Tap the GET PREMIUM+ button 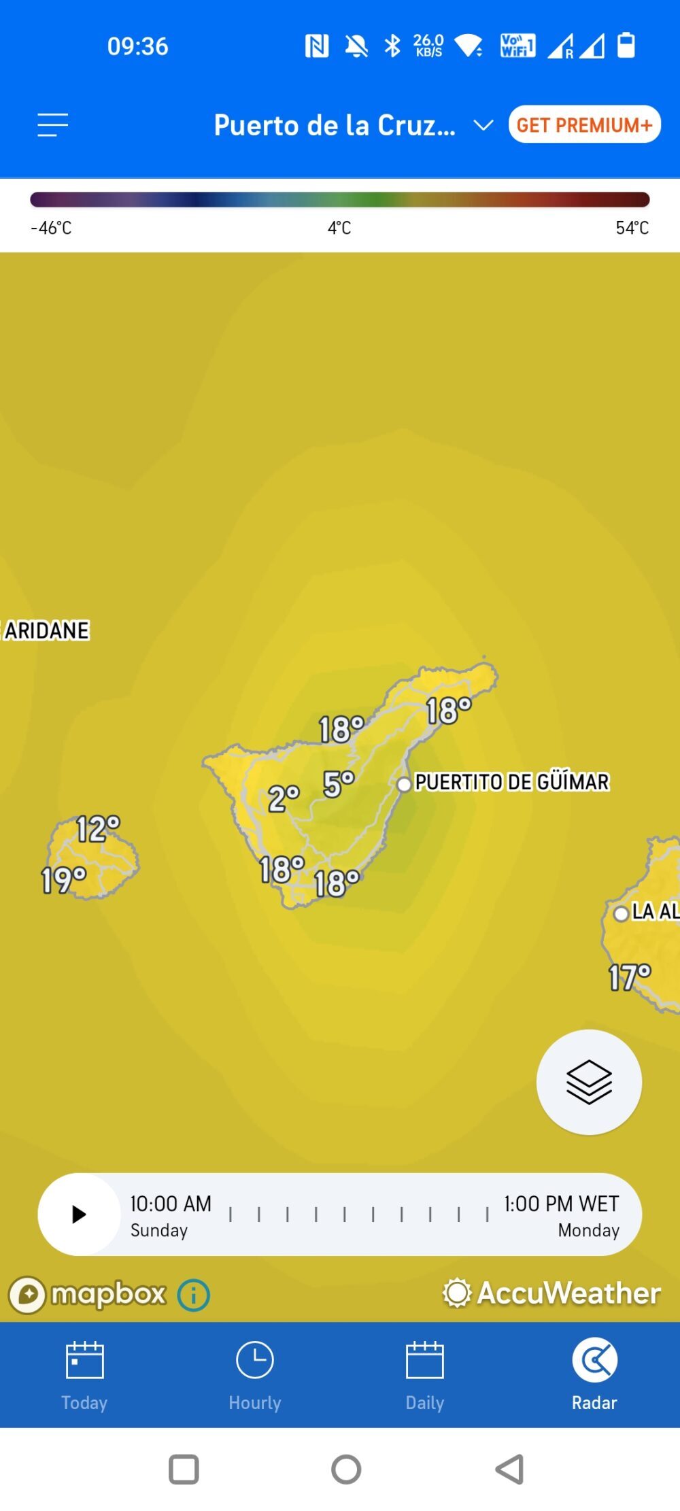point(584,124)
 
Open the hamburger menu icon point(52,125)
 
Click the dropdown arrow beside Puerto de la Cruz point(483,125)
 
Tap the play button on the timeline point(79,1214)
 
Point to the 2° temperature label point(284,798)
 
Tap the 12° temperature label point(98,829)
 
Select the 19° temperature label point(63,880)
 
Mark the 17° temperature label point(630,977)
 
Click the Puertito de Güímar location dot point(404,784)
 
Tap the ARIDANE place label point(46,630)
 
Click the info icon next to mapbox point(194,1295)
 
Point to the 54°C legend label point(632,228)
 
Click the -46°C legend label point(51,228)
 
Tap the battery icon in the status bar point(626,46)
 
